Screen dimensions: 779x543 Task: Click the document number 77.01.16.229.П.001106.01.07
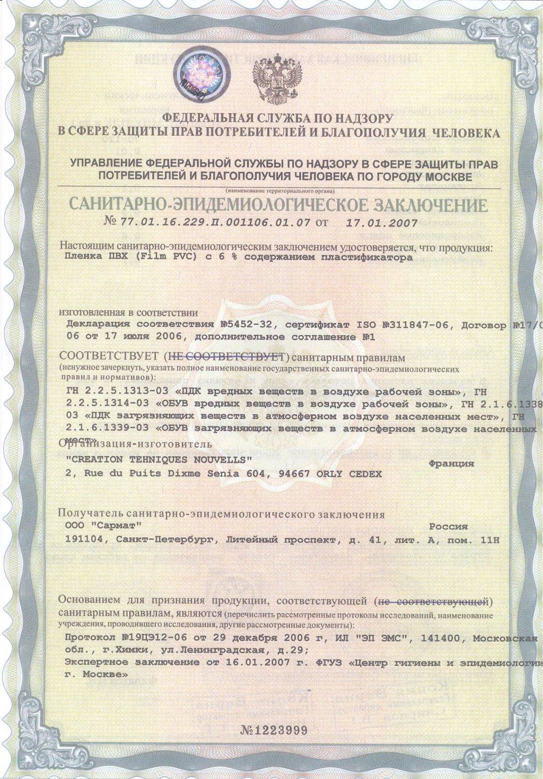tap(215, 223)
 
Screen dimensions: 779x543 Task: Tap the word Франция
tap(450, 464)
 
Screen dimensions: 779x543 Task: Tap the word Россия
tap(448, 527)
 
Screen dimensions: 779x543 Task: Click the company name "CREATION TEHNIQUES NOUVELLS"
tap(157, 459)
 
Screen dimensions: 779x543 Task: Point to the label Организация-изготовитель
tap(135, 444)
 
